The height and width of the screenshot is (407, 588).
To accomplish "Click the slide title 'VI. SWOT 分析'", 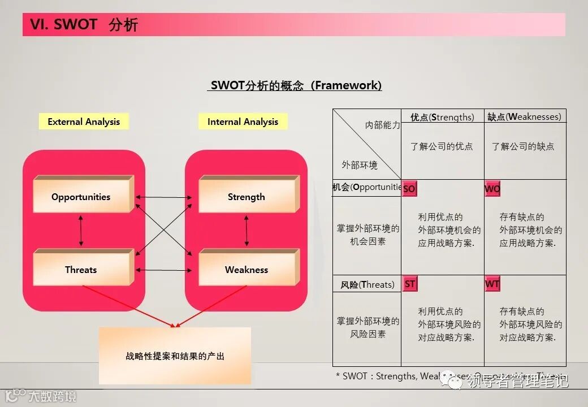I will pyautogui.click(x=84, y=25).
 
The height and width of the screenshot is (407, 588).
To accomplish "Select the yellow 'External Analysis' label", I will pyautogui.click(x=84, y=122).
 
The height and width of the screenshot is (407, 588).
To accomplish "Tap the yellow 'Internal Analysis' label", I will pyautogui.click(x=243, y=122).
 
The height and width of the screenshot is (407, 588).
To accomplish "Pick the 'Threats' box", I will pyautogui.click(x=83, y=269).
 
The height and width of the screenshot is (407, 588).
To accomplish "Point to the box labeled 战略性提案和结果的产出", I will pyautogui.click(x=175, y=356).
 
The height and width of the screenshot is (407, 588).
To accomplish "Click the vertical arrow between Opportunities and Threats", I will pyautogui.click(x=81, y=231).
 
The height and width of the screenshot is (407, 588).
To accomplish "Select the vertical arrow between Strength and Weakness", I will pyautogui.click(x=247, y=231).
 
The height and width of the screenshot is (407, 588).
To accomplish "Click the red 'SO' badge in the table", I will pyautogui.click(x=409, y=189).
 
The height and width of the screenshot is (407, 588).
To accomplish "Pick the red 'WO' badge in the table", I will pyautogui.click(x=492, y=189).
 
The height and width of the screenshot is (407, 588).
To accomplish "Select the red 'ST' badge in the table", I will pyautogui.click(x=409, y=284).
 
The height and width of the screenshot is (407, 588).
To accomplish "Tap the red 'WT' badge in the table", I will pyautogui.click(x=492, y=284).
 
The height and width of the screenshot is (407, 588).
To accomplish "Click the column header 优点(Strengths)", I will pyautogui.click(x=442, y=117).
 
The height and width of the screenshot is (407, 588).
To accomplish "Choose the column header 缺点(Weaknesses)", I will pyautogui.click(x=524, y=117).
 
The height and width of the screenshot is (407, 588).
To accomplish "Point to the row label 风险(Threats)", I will pyautogui.click(x=367, y=284).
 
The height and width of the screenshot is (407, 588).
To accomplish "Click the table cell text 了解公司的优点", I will pyautogui.click(x=442, y=146).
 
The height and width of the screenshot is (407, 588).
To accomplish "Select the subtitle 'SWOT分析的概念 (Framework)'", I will pyautogui.click(x=296, y=85).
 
